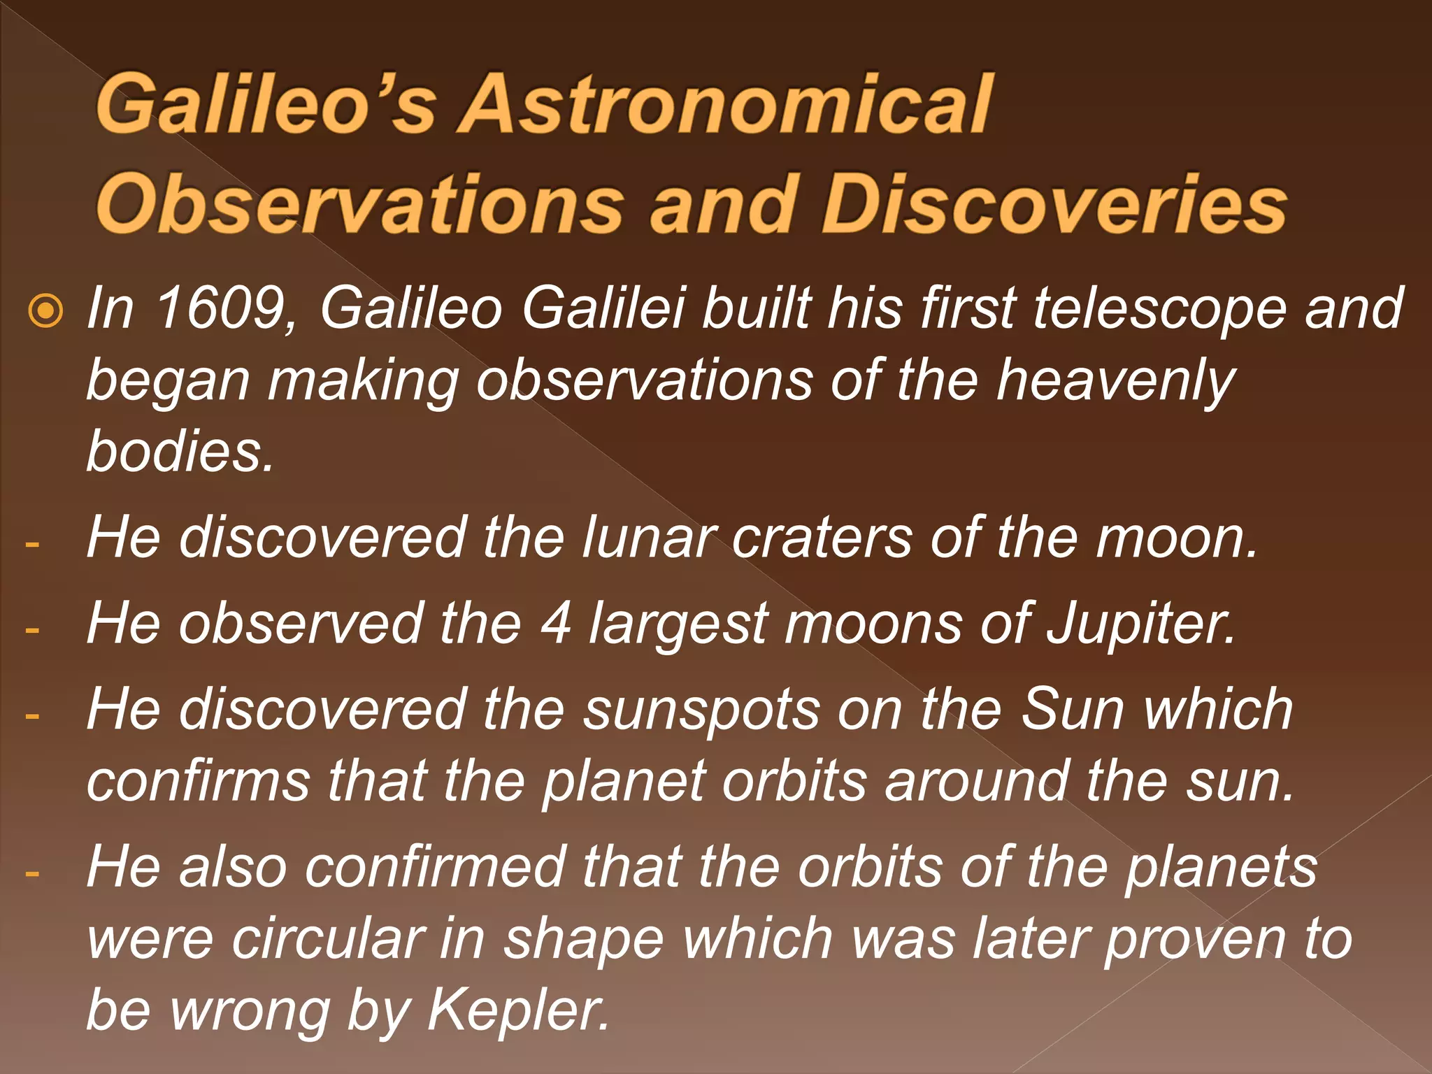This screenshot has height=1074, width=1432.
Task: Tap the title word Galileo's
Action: pos(266,105)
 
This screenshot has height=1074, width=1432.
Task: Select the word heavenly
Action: pos(1116,381)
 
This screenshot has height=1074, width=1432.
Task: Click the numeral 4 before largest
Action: pos(556,623)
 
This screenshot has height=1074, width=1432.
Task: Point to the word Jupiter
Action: pos(1140,624)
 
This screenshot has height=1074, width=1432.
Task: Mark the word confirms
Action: pos(199,781)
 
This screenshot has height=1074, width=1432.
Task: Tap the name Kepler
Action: pos(517,1010)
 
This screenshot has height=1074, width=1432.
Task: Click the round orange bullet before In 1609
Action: pos(47,312)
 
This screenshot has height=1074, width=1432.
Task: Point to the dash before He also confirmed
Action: pos(31,873)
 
